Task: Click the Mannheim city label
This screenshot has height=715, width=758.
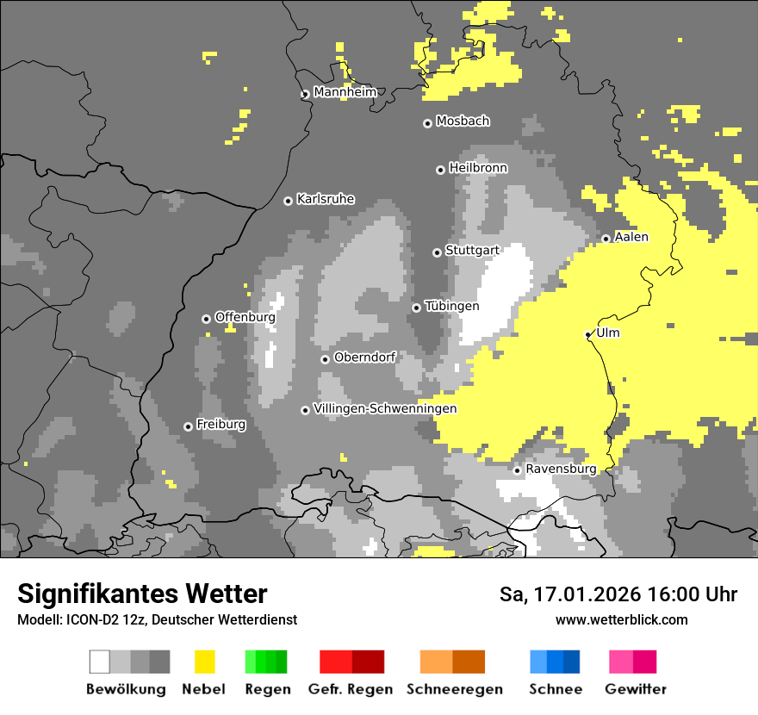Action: [345, 92]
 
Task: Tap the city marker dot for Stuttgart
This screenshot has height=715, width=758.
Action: [437, 252]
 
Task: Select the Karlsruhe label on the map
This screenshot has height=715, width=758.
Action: [325, 199]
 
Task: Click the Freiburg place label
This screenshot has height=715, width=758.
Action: [221, 425]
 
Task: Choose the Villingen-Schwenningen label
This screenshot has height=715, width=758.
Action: [385, 408]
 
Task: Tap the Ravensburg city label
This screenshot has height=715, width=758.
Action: [561, 469]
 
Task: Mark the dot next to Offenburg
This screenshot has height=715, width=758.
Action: [206, 319]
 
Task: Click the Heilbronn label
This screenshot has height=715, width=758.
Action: [478, 168]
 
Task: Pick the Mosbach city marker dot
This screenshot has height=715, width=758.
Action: [427, 123]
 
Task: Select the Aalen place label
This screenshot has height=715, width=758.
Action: [631, 237]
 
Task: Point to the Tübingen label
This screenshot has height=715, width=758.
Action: [451, 306]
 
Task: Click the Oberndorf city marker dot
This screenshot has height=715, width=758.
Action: [325, 359]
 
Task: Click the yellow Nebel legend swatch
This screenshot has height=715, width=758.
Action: [204, 662]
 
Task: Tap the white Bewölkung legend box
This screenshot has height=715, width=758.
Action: [100, 662]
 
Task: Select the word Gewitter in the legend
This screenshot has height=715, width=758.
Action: [635, 689]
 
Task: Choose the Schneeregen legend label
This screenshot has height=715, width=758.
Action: [454, 689]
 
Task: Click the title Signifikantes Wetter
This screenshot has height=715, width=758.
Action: [142, 594]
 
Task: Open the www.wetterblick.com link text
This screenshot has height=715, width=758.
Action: [621, 619]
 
